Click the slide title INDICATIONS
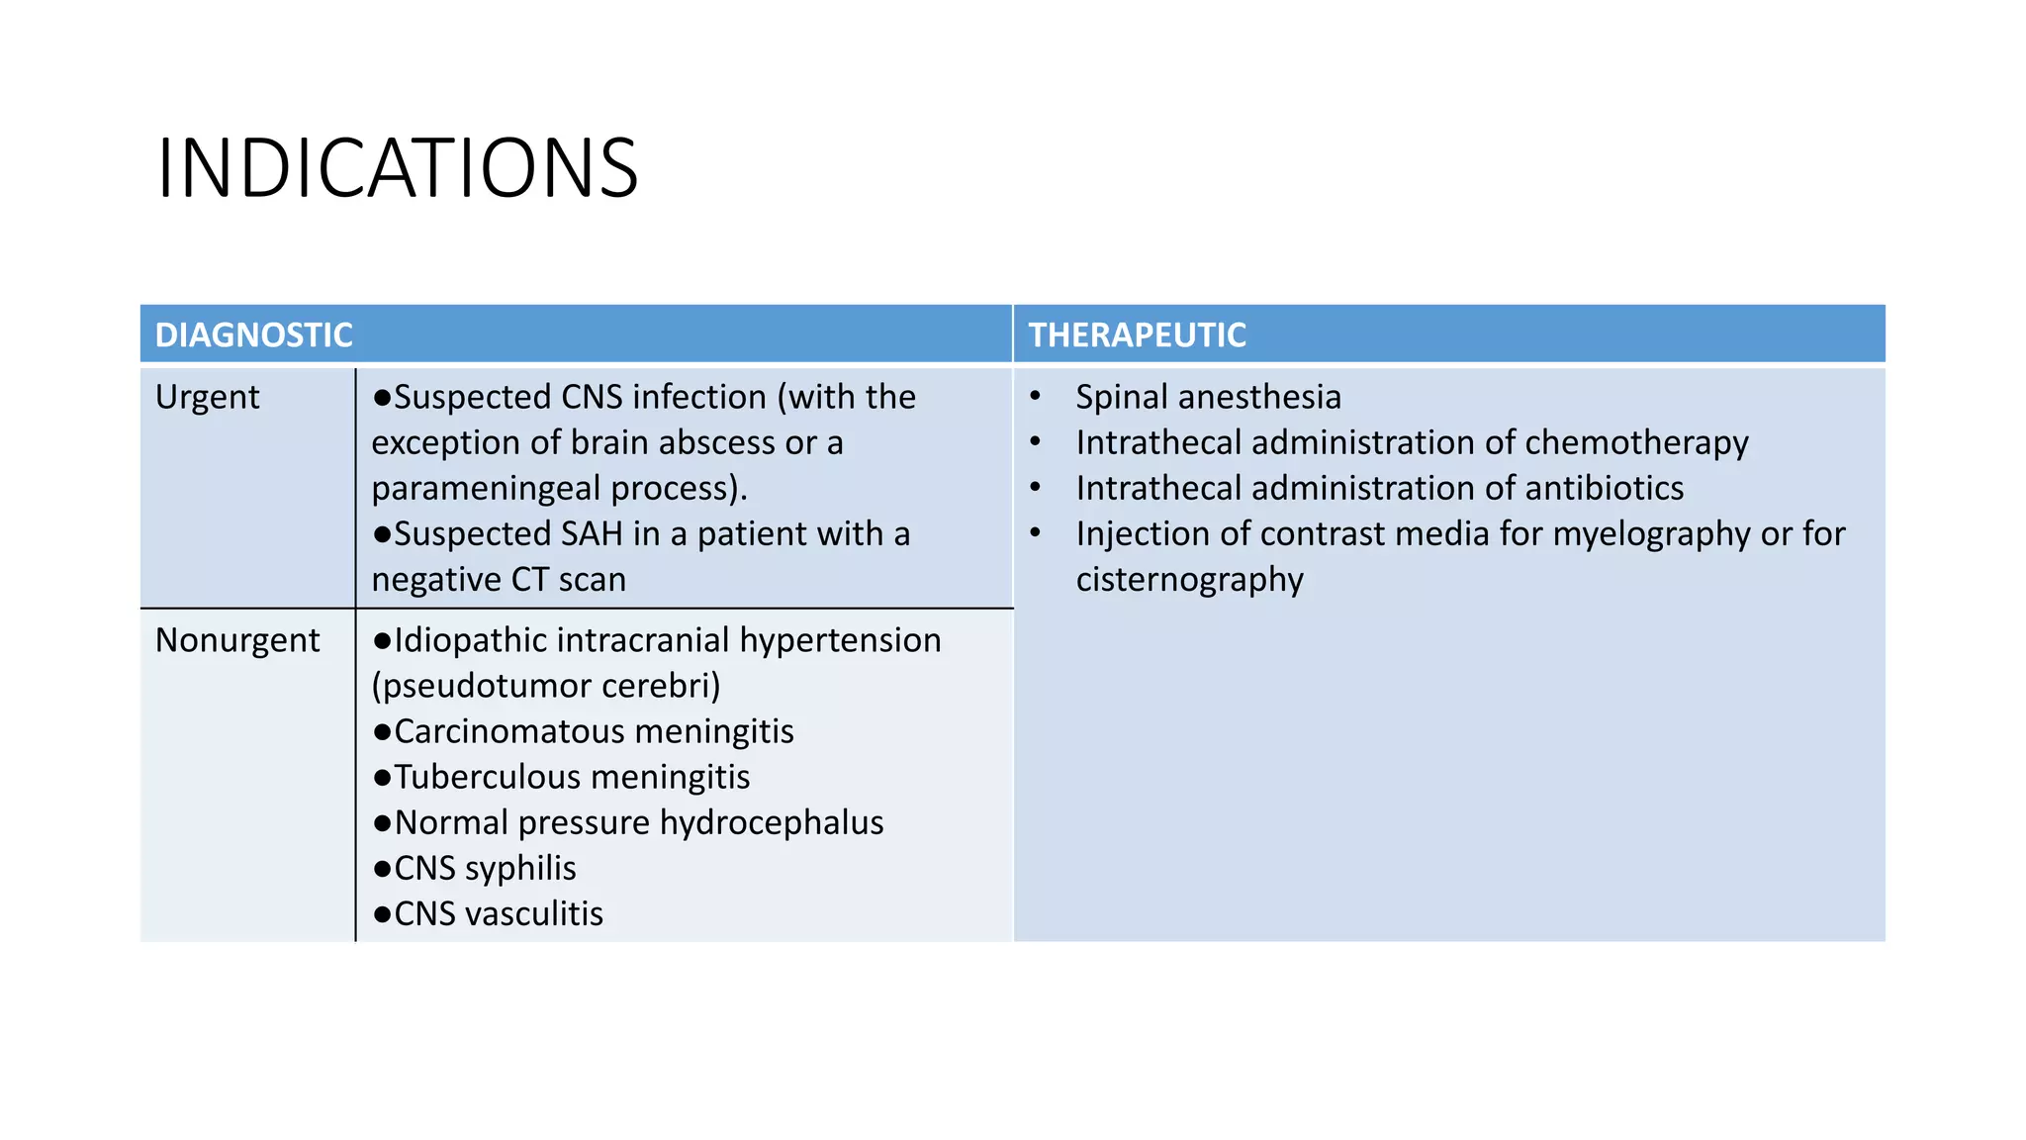(398, 168)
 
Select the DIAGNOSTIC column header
(254, 335)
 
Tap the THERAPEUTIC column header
(1137, 335)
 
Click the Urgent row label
(207, 397)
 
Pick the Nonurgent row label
(237, 640)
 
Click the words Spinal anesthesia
(1208, 397)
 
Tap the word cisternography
(1189, 579)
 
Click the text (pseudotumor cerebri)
(546, 686)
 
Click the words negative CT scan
(499, 579)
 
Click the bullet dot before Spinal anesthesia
(1035, 396)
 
